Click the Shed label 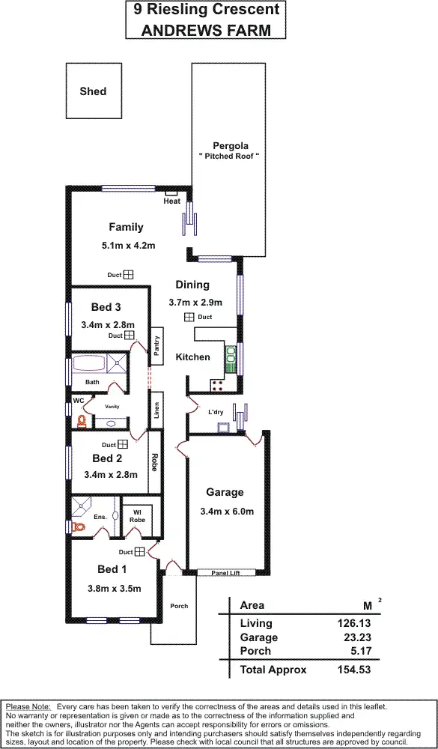tap(93, 91)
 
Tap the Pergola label tap(230, 145)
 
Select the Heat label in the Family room tap(172, 201)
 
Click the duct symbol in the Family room tap(128, 276)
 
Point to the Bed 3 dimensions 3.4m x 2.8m tap(107, 324)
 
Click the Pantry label tap(157, 345)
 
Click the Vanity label tap(112, 407)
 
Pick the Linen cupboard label tap(156, 410)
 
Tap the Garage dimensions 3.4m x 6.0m tap(227, 512)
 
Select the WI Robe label tap(138, 515)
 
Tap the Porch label tap(179, 606)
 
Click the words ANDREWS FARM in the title tap(205, 31)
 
